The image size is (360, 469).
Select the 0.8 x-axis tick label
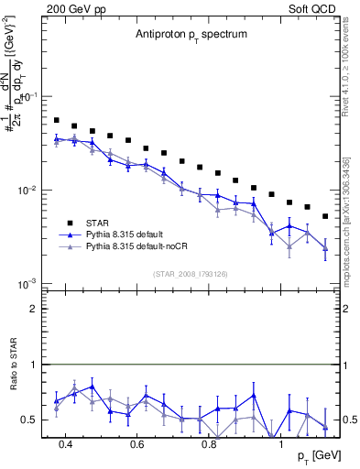tap(209, 444)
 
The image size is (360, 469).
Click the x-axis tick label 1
tap(281, 444)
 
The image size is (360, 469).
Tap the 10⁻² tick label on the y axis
tap(30, 191)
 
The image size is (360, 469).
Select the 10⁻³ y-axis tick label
tap(30, 283)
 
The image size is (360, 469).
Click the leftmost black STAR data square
tap(57, 120)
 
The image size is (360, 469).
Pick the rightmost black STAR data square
tap(325, 216)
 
